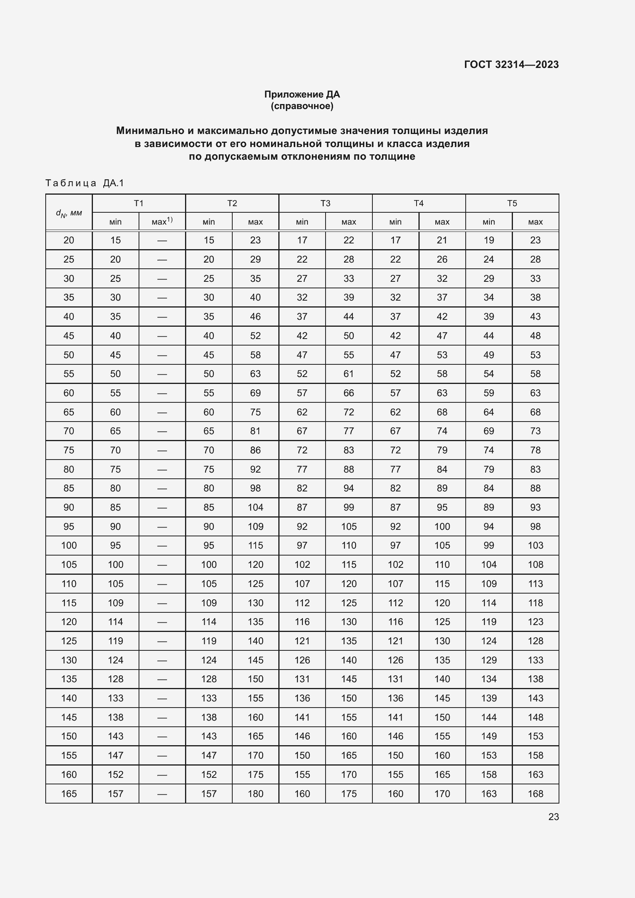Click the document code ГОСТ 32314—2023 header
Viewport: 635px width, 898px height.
pyautogui.click(x=511, y=64)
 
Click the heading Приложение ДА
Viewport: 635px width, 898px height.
pyautogui.click(x=302, y=94)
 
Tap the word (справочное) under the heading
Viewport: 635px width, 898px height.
pyautogui.click(x=302, y=106)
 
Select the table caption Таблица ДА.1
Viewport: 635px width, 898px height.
pyautogui.click(x=84, y=183)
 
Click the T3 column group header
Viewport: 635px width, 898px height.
pyautogui.click(x=325, y=203)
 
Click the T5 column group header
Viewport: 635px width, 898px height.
pyautogui.click(x=512, y=203)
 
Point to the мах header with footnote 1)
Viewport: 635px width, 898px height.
pyautogui.click(x=162, y=222)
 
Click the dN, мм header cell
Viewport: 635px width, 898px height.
pyautogui.click(x=69, y=213)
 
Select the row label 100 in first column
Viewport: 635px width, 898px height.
pyautogui.click(x=69, y=545)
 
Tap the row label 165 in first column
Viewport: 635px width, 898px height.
pyautogui.click(x=69, y=794)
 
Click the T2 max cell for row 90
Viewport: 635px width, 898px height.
pyautogui.click(x=255, y=507)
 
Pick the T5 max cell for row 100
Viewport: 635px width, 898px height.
pyautogui.click(x=535, y=545)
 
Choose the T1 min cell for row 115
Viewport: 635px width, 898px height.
pyautogui.click(x=115, y=603)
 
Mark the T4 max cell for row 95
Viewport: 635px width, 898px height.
pyautogui.click(x=442, y=526)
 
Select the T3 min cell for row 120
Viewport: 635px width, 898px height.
pyautogui.click(x=302, y=622)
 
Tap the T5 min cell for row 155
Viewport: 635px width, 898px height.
pyautogui.click(x=488, y=755)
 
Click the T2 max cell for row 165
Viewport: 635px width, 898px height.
pyautogui.click(x=255, y=794)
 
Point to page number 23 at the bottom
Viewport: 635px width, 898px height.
pyautogui.click(x=553, y=817)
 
